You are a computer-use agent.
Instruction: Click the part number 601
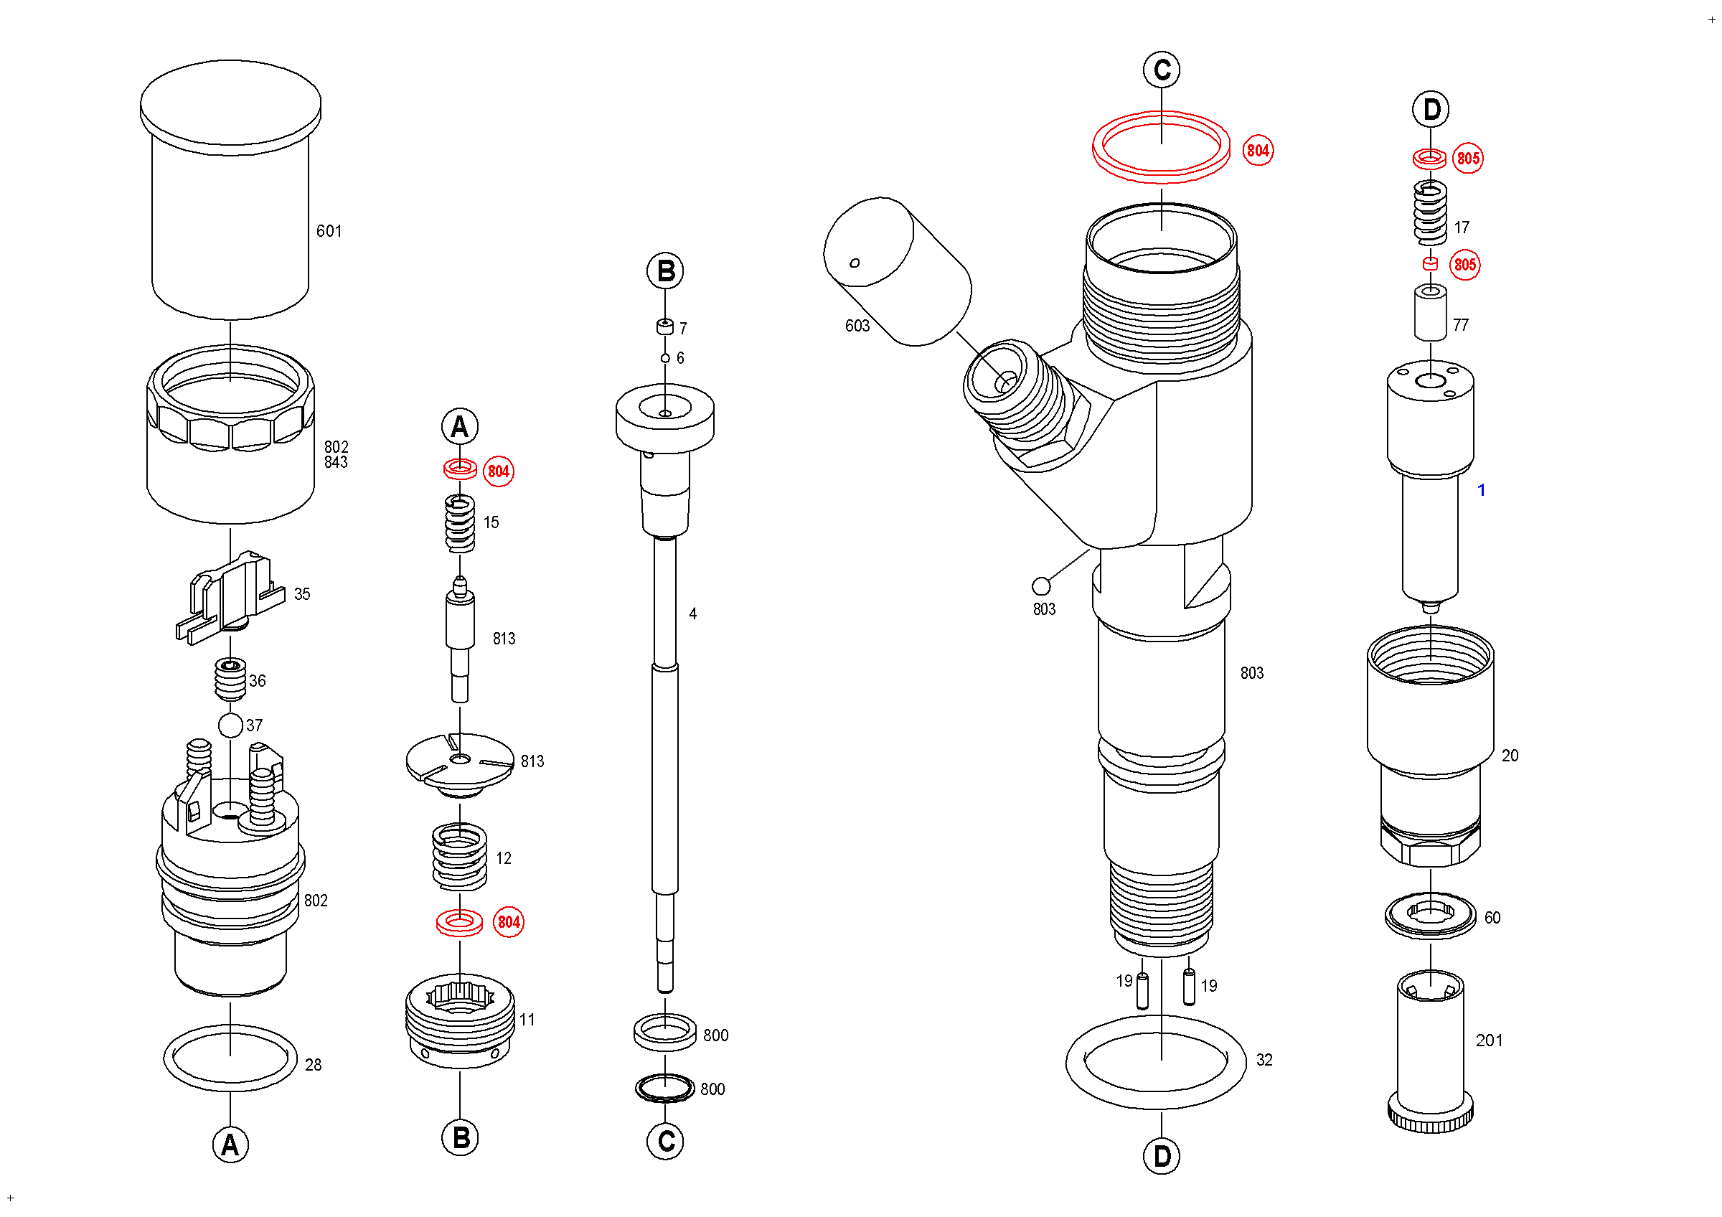(x=329, y=231)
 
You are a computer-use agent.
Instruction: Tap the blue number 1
(x=1481, y=490)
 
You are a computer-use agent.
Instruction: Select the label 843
(x=336, y=463)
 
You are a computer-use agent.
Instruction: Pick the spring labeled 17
(x=1430, y=213)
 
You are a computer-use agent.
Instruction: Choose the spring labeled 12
(x=460, y=857)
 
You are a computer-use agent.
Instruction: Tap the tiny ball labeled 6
(x=665, y=358)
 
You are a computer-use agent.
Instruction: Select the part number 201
(x=1489, y=1040)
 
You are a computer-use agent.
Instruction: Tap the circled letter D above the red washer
(x=1431, y=110)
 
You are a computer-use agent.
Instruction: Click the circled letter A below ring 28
(x=230, y=1145)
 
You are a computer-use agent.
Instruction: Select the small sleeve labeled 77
(x=1430, y=314)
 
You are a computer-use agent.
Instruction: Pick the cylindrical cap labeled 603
(x=897, y=271)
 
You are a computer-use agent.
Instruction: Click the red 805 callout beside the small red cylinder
(x=1464, y=265)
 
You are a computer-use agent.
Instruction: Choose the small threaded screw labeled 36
(x=230, y=679)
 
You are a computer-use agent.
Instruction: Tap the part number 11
(x=527, y=1020)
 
